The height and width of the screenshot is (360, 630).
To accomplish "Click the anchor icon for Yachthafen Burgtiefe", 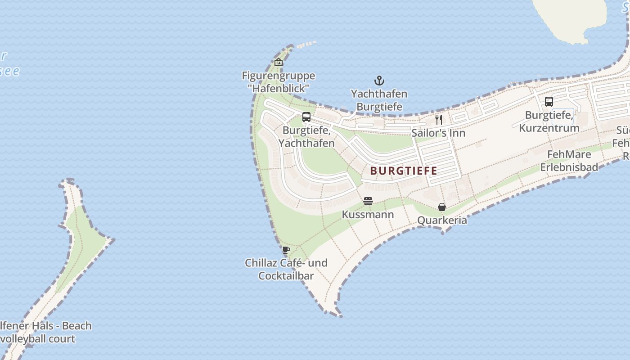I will pos(379,81).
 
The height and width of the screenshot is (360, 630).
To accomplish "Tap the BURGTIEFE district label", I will pos(404,171).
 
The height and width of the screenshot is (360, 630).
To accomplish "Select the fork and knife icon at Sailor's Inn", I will pos(439,119).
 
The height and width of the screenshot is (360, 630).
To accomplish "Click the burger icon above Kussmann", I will pos(368,201).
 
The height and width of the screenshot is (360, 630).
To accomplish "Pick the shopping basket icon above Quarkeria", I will pos(442,207).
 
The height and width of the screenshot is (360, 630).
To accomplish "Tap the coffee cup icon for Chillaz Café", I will pos(286,250).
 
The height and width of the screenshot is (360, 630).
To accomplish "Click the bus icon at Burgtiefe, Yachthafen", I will pos(306,117).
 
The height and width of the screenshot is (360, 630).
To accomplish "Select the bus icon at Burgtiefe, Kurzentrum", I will pos(549,102).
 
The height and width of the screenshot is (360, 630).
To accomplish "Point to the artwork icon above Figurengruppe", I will pos(279,62).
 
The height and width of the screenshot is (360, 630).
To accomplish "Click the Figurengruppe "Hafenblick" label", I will pos(279,82).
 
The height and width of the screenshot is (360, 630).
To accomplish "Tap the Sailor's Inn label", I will pos(438,133).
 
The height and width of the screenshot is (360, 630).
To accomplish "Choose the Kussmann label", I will pos(368,215).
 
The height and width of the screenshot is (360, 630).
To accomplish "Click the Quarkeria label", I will pos(442,220).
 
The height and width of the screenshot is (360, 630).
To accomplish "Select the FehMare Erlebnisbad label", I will pos(569,161).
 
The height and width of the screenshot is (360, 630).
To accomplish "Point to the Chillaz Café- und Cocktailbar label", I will pos(286,269).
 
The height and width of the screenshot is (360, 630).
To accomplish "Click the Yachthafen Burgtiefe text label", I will pos(379,100).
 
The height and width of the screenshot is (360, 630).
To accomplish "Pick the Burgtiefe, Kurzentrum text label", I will pos(549,121).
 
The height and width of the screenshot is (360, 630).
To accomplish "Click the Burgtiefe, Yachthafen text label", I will pos(306,137).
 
